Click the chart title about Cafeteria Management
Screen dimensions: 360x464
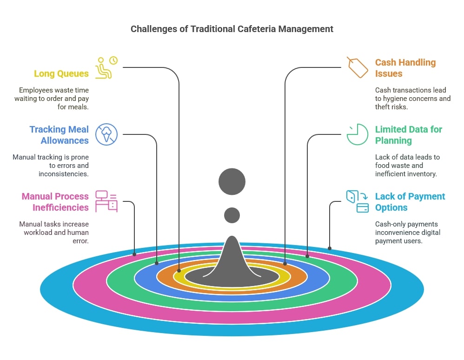coord(232,29)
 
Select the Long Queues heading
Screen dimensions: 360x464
coord(61,73)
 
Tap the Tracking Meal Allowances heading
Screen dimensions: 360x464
coord(59,135)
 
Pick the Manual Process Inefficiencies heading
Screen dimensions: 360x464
coord(55,202)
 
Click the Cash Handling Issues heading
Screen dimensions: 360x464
coord(405,68)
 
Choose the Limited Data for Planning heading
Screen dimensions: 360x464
coord(409,135)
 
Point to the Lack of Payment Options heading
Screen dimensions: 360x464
coord(410,202)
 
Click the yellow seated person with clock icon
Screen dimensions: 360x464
coord(106,67)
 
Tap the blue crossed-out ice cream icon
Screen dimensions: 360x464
coord(106,134)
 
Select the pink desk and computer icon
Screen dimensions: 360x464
coord(106,201)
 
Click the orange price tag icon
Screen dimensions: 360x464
coord(357,67)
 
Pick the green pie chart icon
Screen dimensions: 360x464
coord(357,134)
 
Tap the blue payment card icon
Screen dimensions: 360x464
coord(357,201)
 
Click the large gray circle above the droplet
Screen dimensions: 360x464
coord(232,181)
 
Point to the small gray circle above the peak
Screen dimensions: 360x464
coord(232,215)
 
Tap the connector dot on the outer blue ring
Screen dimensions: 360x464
coord(330,248)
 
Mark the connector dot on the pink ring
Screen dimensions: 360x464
coord(134,254)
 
